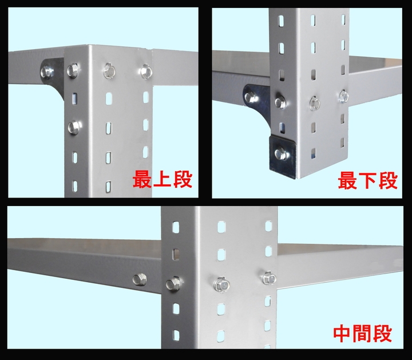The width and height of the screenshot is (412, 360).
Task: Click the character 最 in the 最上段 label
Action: [x=142, y=179]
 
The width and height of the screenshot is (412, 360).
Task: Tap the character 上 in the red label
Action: [x=163, y=179]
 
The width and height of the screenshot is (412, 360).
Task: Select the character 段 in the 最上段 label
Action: [x=183, y=179]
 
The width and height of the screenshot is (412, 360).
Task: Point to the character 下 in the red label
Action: [x=368, y=180]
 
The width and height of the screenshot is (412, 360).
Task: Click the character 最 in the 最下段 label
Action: [x=347, y=180]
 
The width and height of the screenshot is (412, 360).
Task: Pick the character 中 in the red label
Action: [x=343, y=334]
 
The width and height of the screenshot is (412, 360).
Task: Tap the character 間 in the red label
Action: [x=363, y=334]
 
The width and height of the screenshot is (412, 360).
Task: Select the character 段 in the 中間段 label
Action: [x=383, y=334]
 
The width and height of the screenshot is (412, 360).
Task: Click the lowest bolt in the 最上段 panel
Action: [x=74, y=128]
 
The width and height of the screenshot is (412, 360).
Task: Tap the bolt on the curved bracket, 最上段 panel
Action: [x=47, y=72]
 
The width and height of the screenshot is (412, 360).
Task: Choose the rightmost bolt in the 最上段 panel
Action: [x=146, y=72]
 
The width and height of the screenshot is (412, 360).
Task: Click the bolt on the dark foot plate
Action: [x=281, y=154]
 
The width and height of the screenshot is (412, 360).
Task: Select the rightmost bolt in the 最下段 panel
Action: [x=344, y=96]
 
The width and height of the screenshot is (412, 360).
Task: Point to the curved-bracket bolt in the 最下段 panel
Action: [x=252, y=97]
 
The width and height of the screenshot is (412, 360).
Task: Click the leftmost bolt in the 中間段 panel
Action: [x=140, y=279]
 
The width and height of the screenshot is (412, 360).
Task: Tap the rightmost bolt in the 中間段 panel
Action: [x=270, y=278]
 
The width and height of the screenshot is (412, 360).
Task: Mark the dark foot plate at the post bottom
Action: [x=283, y=156]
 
